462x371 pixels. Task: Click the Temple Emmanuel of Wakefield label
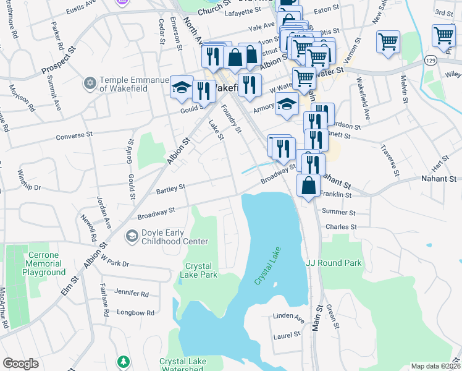coord(134,83)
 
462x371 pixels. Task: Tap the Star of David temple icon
coord(90,82)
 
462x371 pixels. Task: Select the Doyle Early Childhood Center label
coord(174,236)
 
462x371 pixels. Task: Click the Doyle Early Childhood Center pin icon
coord(131,236)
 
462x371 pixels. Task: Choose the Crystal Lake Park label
coord(200,270)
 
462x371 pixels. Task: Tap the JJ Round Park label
coord(334,263)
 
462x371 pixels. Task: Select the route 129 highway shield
coord(431,60)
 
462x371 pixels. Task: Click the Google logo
coord(21,364)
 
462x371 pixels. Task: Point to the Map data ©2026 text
coord(435,366)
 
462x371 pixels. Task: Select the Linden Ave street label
coord(288,318)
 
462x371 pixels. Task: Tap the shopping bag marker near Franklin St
coord(308,185)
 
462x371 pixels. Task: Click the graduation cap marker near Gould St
coord(182,87)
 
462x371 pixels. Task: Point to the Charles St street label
coord(341,227)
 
